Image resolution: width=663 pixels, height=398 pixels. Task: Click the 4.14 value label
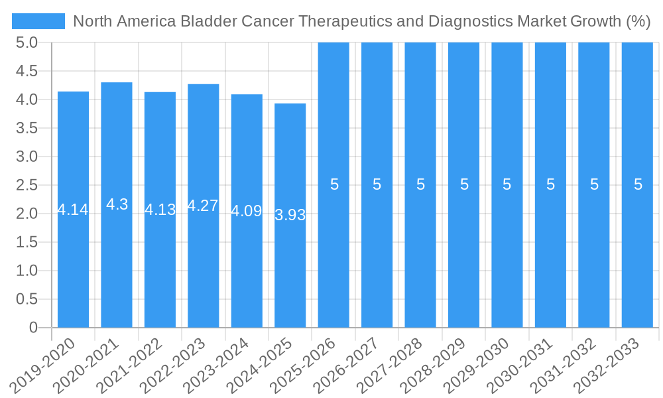[73, 210]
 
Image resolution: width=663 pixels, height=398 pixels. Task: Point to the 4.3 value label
[117, 204]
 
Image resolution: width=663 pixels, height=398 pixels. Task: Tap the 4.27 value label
[203, 206]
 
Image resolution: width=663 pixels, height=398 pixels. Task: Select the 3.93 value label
[290, 215]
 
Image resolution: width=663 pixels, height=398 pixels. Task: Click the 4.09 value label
[247, 212]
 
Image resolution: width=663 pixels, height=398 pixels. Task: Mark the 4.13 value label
[160, 210]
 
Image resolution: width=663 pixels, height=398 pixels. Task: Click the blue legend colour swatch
[38, 21]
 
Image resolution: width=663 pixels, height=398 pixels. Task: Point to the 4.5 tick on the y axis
[27, 71]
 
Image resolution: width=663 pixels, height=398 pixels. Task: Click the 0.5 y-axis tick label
[27, 299]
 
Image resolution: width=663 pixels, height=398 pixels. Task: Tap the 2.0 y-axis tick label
[27, 214]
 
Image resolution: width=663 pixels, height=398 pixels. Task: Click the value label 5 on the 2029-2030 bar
[507, 185]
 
